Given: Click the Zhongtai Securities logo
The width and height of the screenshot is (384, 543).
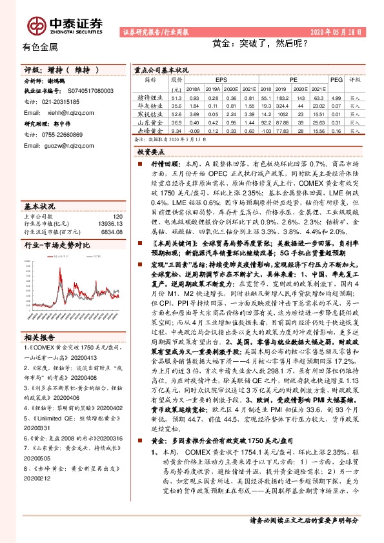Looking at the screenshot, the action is coord(65,24).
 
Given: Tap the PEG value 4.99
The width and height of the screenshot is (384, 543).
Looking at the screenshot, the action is coord(335,96).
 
